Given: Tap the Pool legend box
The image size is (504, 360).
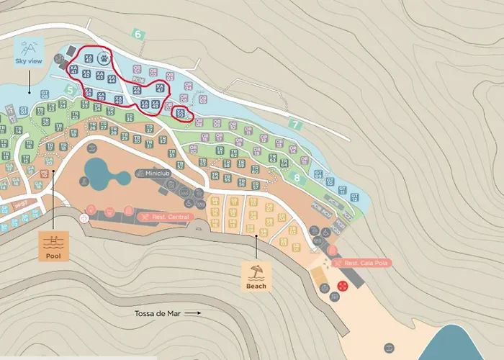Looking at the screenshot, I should [x=53, y=246].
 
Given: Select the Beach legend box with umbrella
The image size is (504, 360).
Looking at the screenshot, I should [x=256, y=276].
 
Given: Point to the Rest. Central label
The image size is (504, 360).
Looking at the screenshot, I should [x=166, y=216].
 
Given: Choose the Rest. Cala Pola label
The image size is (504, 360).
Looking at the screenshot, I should [x=360, y=264].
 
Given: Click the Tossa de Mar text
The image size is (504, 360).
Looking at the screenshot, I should [x=158, y=314].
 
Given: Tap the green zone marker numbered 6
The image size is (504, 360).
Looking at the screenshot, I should [x=138, y=34].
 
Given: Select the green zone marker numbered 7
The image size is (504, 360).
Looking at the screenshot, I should [x=294, y=124].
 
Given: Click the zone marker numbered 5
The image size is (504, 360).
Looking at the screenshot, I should [x=70, y=90].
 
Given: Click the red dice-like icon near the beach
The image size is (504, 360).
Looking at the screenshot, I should [x=343, y=286].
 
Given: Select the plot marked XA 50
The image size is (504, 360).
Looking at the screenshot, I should [x=181, y=114].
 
